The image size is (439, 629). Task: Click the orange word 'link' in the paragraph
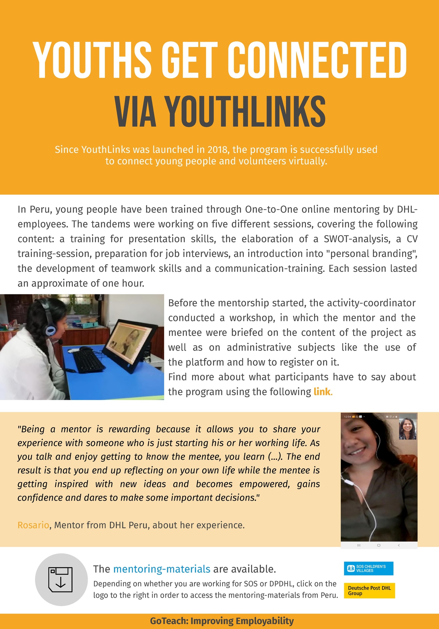tap(322, 392)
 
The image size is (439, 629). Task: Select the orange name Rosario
tap(33, 525)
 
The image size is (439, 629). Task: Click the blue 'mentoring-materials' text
tap(162, 569)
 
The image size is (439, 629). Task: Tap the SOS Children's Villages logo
tap(369, 569)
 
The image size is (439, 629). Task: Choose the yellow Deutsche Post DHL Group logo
tap(369, 591)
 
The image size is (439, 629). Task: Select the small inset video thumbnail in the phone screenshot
tap(408, 429)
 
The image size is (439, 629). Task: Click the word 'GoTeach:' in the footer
tap(169, 621)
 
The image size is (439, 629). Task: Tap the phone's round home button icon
tap(379, 545)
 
